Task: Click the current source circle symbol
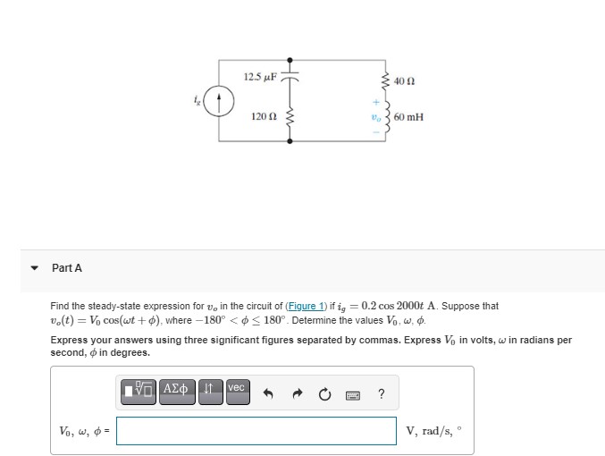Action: [220, 98]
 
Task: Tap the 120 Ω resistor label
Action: [263, 117]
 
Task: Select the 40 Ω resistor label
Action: [402, 80]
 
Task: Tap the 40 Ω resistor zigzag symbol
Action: [385, 80]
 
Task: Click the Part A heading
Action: [67, 268]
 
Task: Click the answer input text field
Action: [256, 430]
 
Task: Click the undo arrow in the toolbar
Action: [267, 390]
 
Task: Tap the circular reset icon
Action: [324, 390]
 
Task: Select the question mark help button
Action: [382, 390]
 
